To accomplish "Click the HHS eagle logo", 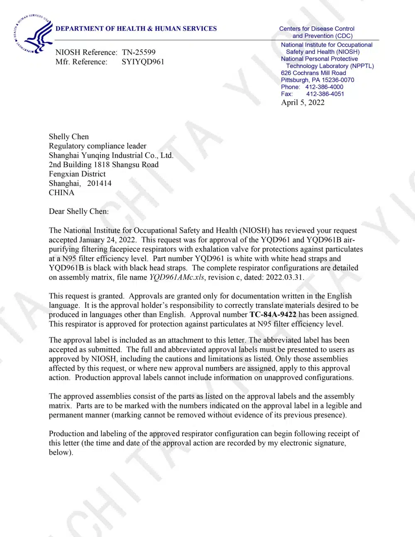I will (x=32, y=34).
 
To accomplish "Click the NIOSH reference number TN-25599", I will (x=139, y=52).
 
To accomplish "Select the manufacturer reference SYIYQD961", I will (x=143, y=62).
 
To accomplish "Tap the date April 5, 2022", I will (x=303, y=103).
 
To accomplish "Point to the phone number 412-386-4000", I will (x=324, y=87).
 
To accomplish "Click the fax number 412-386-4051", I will (x=325, y=94).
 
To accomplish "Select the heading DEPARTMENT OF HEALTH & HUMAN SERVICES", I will (x=136, y=29).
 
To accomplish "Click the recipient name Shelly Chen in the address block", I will (x=69, y=137).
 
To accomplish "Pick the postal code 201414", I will (x=99, y=183).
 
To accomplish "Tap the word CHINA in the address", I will (x=61, y=193).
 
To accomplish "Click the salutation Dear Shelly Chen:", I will (x=79, y=211).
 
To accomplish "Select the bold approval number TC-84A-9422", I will (x=273, y=315).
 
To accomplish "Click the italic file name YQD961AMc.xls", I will (x=177, y=277).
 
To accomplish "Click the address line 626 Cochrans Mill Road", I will (x=313, y=73).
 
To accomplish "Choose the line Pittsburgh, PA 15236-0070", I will (x=317, y=80).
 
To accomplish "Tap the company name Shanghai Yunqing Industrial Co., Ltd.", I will (x=111, y=155).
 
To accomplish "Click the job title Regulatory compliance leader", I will (x=98, y=146).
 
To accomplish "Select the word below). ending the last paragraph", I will (x=61, y=452).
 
